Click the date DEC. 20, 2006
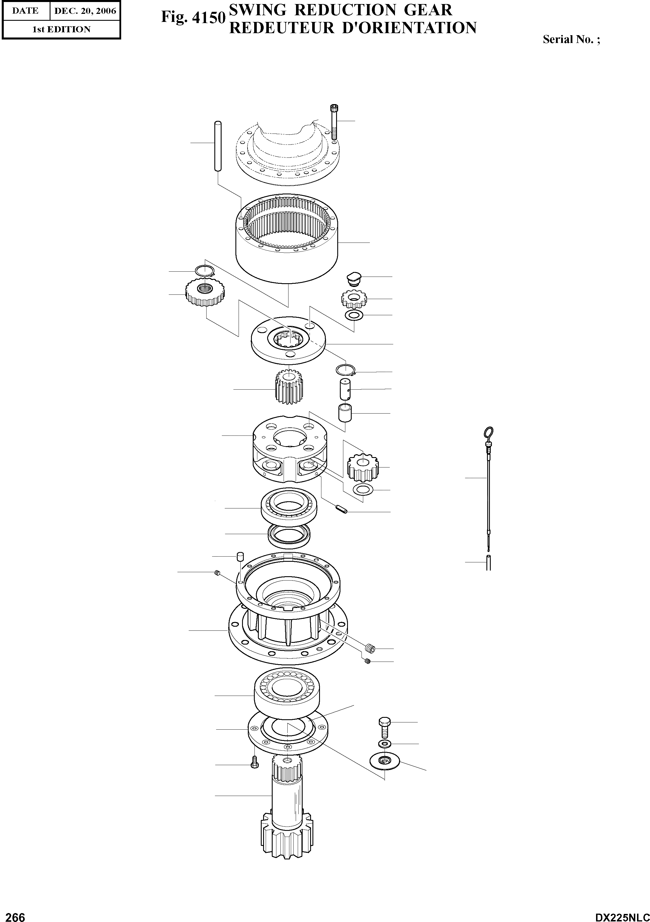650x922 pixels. click(x=85, y=11)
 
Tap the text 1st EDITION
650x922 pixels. click(x=61, y=29)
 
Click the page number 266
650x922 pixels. click(x=13, y=914)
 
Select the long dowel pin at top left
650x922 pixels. click(x=218, y=147)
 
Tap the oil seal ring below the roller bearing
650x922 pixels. click(x=289, y=535)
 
